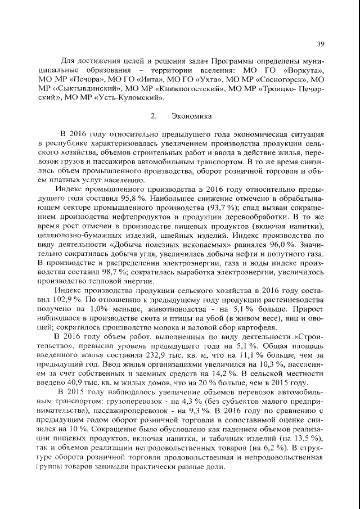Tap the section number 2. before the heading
(x=154, y=116)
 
